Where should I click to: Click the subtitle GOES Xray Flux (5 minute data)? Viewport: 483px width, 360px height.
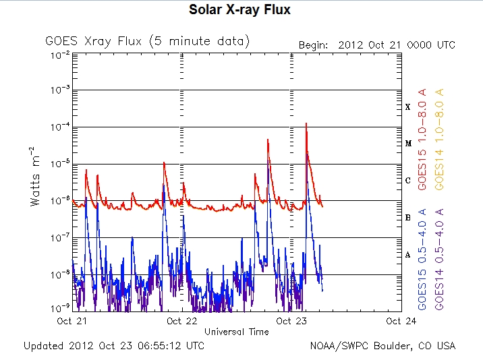point(148,42)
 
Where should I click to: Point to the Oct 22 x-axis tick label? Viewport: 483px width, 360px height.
point(182,322)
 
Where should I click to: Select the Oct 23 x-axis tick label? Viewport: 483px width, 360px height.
point(292,322)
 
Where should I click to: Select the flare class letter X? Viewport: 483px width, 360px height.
point(407,107)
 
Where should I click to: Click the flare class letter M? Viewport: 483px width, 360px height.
point(407,144)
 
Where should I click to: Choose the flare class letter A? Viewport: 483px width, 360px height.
point(407,255)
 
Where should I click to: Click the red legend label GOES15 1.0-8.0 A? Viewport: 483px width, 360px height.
point(423,139)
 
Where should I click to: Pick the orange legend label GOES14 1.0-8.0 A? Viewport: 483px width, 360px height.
point(440,139)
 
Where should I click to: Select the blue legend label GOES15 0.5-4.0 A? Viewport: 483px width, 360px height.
point(423,259)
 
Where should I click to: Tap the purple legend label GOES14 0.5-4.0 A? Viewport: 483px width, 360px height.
point(440,259)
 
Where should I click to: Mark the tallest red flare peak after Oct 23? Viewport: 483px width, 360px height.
point(307,124)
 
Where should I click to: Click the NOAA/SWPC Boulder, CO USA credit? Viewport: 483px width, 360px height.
point(382,346)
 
